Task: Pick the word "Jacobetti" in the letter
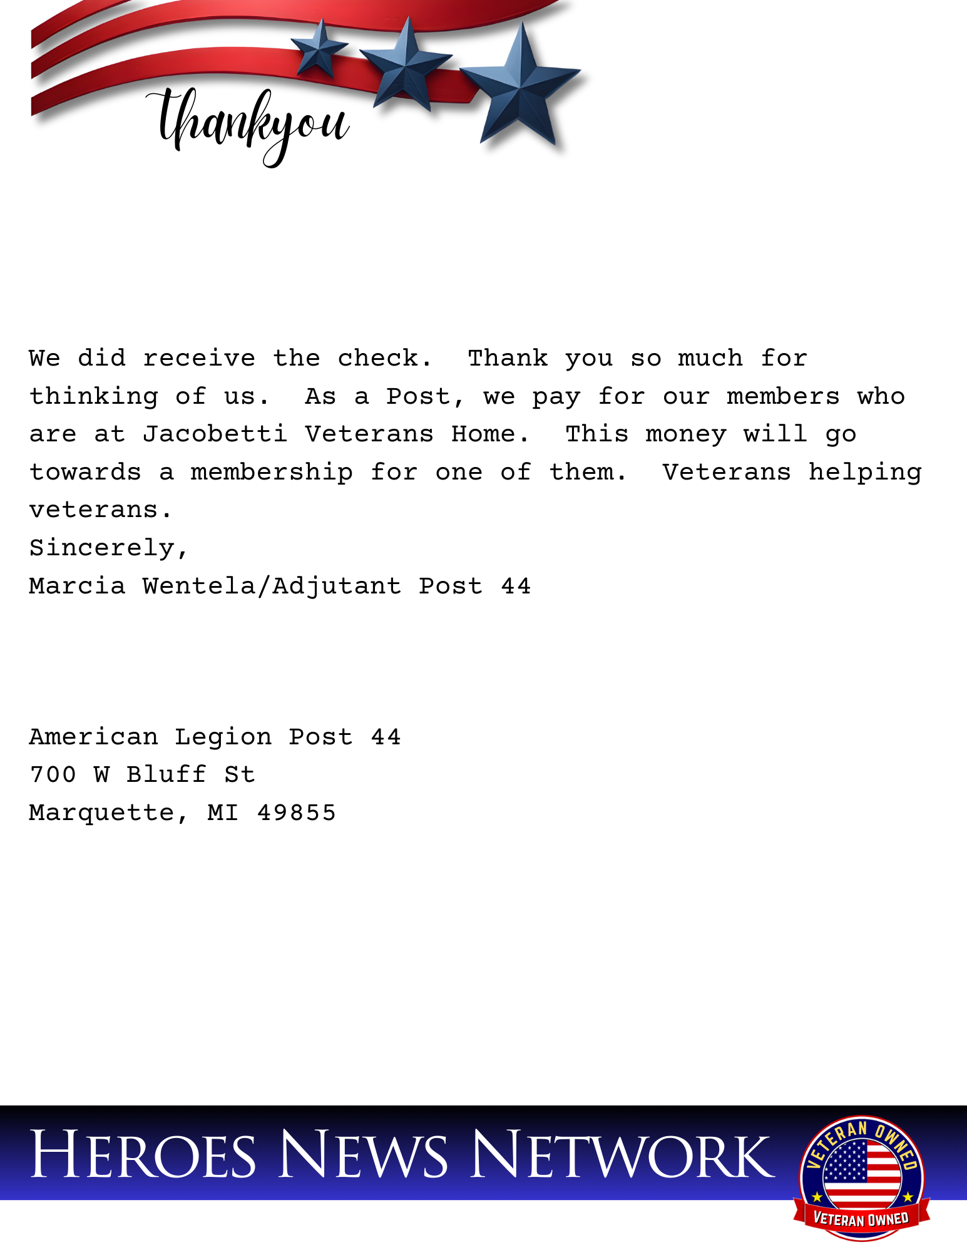pyautogui.click(x=215, y=434)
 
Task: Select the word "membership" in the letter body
pyautogui.click(x=272, y=472)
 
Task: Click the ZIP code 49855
pyautogui.click(x=297, y=813)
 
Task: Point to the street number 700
pyautogui.click(x=53, y=774)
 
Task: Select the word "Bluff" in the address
pyautogui.click(x=166, y=774)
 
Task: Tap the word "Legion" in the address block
pyautogui.click(x=223, y=737)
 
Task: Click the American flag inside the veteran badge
pyautogui.click(x=861, y=1169)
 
